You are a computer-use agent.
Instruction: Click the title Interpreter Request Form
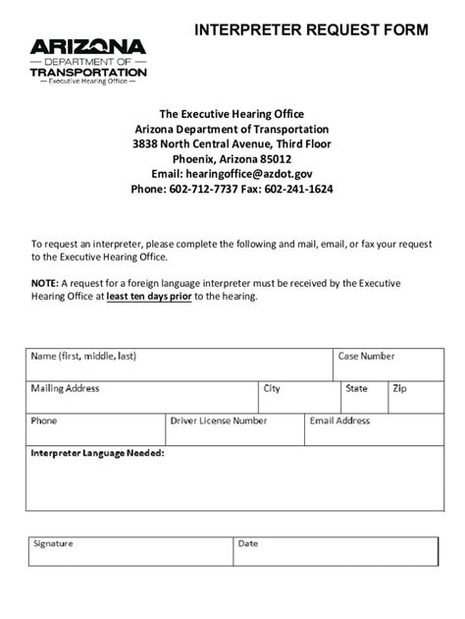311,30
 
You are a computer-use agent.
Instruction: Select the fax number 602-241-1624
298,189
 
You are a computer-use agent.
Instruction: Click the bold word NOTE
45,281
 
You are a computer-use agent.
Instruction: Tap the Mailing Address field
141,397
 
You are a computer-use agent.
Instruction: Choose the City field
297,397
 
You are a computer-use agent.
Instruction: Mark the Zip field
408,397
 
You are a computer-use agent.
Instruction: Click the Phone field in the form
94,429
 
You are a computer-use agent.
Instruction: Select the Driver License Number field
232,429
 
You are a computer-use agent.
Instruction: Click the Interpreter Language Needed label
97,454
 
